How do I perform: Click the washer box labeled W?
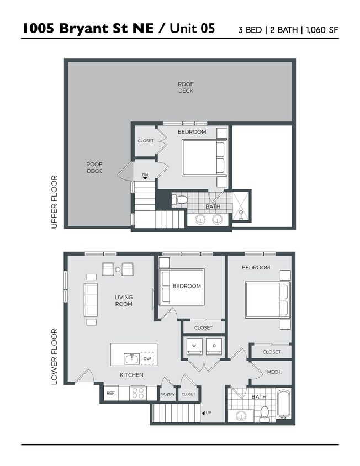pos(194,346)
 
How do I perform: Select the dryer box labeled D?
pos(214,346)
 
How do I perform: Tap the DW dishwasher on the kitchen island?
pos(147,358)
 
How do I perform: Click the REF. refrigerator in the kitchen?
pos(110,393)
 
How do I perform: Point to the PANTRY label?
pos(167,394)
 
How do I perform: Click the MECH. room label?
pos(274,372)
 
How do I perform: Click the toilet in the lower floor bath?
pos(264,412)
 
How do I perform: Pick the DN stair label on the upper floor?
pos(145,176)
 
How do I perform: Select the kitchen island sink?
pos(131,359)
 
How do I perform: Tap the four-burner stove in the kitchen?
pos(137,393)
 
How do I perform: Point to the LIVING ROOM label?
pos(123,300)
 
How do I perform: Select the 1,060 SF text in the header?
pos(322,30)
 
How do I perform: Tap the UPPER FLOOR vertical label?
pos(54,202)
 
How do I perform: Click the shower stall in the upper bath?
pos(241,205)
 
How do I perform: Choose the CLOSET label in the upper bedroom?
pos(146,141)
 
